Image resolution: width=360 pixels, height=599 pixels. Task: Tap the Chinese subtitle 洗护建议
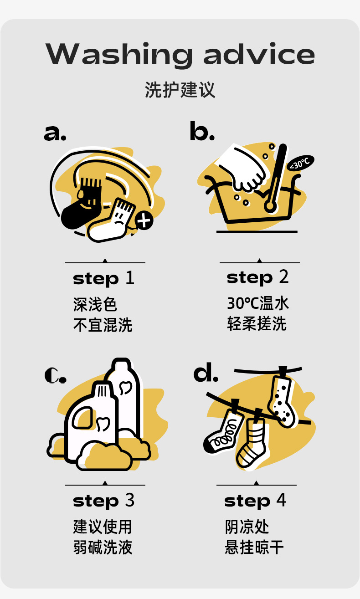pyautogui.click(x=180, y=90)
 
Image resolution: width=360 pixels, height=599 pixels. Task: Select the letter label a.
pyautogui.click(x=55, y=133)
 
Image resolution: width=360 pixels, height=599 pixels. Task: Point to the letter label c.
pyautogui.click(x=55, y=375)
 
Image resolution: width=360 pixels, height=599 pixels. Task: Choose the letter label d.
pyautogui.click(x=206, y=372)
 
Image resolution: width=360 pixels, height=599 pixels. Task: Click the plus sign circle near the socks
pyautogui.click(x=144, y=220)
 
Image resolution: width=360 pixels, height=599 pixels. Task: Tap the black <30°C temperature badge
pyautogui.click(x=301, y=163)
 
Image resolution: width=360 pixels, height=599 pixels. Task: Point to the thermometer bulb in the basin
pyautogui.click(x=270, y=206)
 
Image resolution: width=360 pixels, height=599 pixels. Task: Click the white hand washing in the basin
pyautogui.click(x=244, y=169)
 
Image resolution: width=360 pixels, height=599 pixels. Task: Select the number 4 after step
pyautogui.click(x=281, y=500)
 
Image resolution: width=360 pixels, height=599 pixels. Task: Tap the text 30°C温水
pyautogui.click(x=258, y=303)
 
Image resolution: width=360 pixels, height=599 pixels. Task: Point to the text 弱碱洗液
pyautogui.click(x=103, y=547)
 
